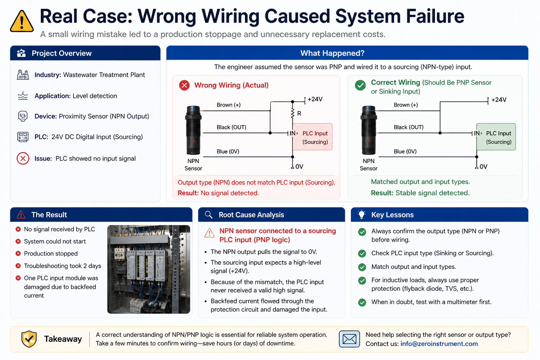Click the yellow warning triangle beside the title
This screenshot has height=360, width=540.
(x=22, y=21)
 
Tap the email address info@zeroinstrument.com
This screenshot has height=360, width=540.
(x=439, y=343)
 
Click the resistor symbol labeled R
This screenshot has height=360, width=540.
(x=292, y=113)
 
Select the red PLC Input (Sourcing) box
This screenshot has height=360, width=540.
(x=313, y=137)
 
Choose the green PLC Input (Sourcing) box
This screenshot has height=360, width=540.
(x=496, y=137)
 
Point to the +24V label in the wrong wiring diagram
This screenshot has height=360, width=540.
(x=315, y=99)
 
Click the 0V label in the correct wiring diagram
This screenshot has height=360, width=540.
(x=483, y=167)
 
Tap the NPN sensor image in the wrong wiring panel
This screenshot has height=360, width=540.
(x=193, y=130)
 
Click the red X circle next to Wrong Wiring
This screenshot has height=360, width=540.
(x=185, y=85)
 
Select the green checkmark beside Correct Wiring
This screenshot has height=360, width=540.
(x=360, y=85)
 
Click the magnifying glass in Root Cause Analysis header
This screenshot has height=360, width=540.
(x=208, y=214)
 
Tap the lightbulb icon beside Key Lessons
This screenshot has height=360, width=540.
(x=362, y=214)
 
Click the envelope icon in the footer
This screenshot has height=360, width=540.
(x=349, y=339)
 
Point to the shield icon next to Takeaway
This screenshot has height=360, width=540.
(x=29, y=339)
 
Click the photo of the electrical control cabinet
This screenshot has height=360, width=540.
(x=148, y=269)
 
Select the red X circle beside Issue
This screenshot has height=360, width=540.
(x=23, y=159)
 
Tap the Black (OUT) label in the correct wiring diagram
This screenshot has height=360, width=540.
(x=409, y=127)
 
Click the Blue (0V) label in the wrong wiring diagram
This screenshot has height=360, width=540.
(x=228, y=152)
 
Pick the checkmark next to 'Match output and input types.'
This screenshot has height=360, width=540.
(x=362, y=267)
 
